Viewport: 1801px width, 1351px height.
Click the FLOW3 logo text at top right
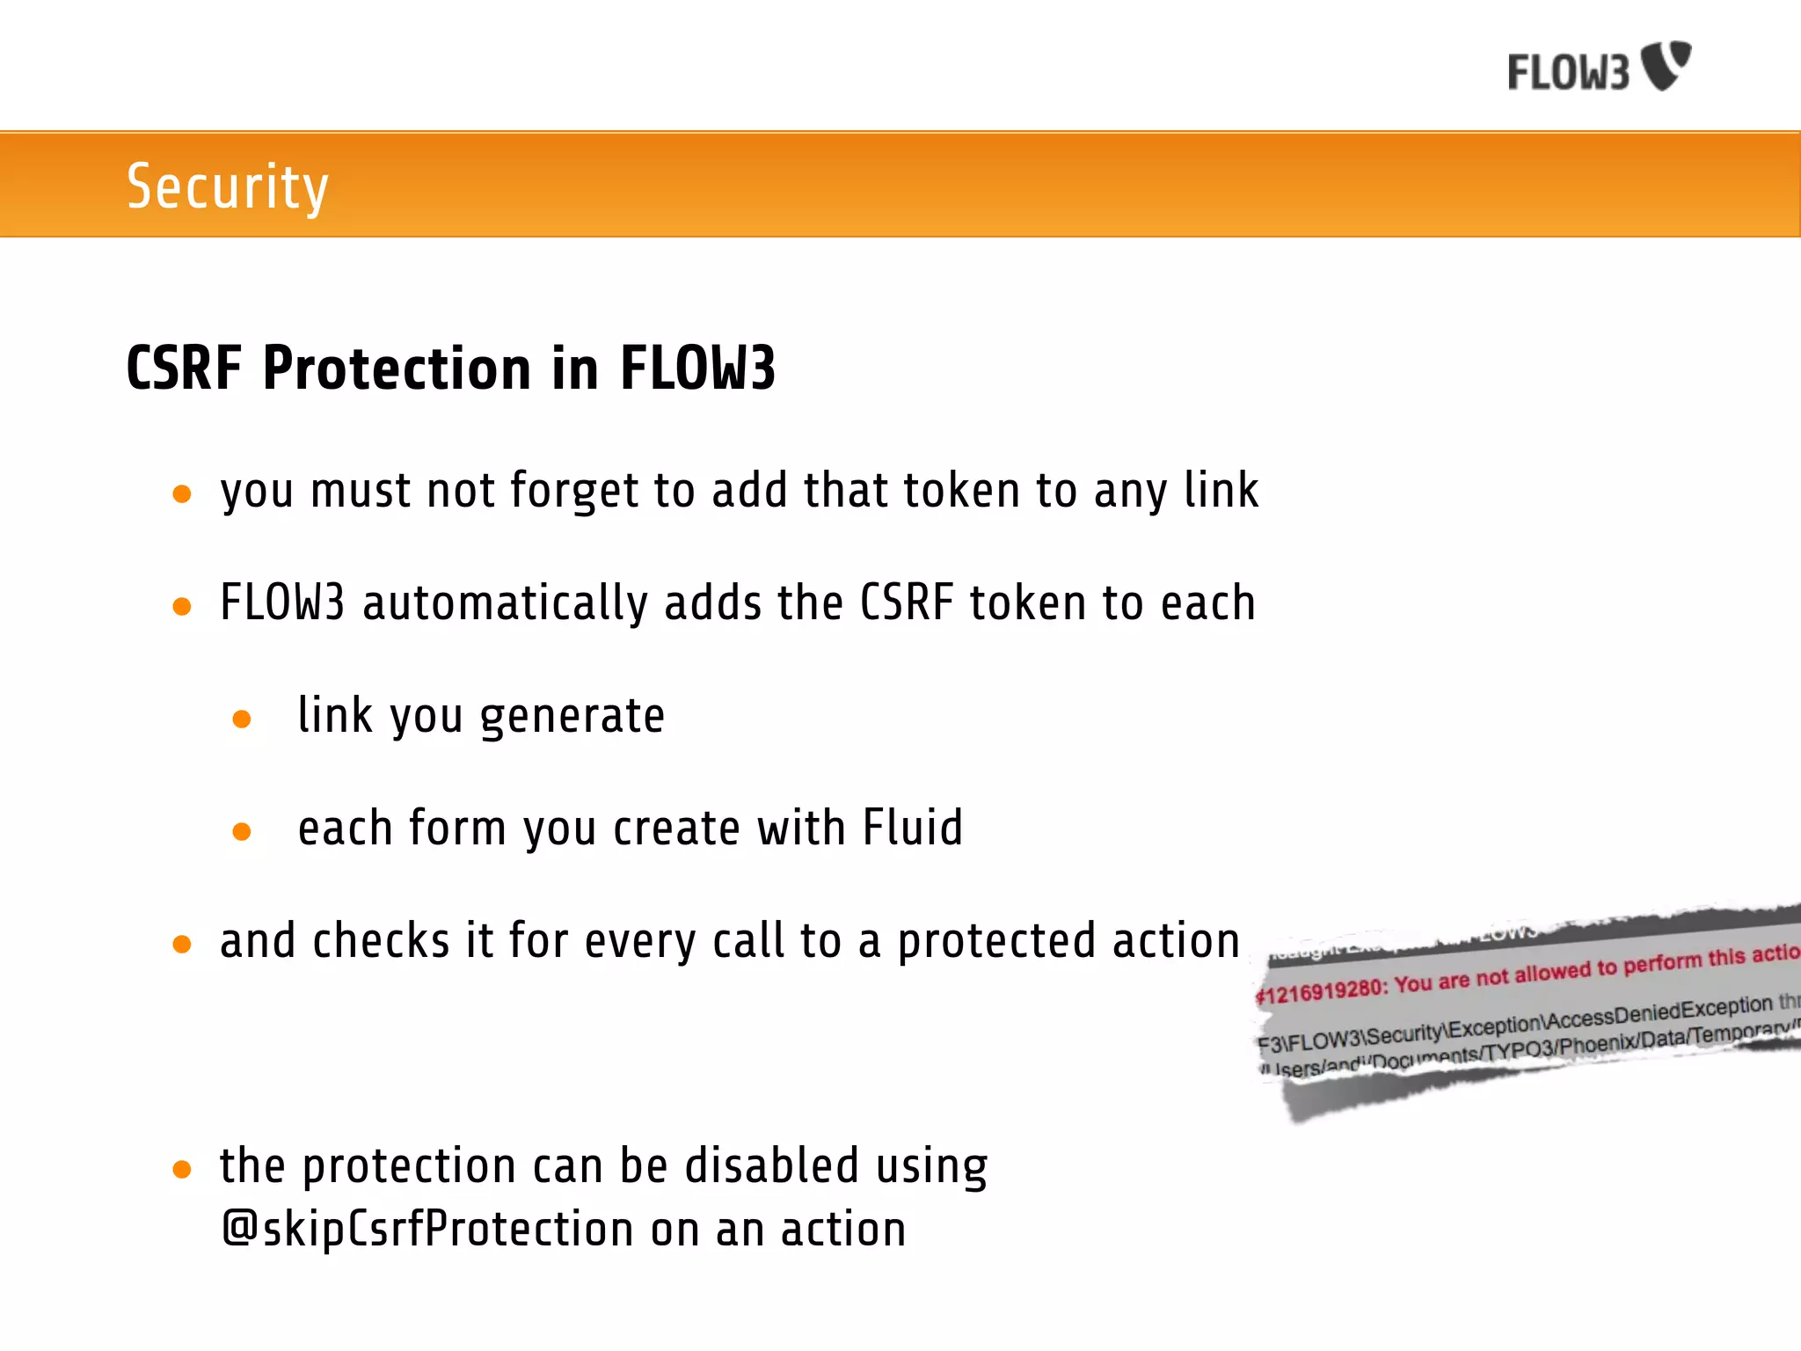tap(1569, 72)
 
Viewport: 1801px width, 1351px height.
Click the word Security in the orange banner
tap(227, 186)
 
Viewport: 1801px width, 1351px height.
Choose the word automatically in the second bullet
tap(504, 603)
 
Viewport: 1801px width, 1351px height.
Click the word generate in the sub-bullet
tap(572, 717)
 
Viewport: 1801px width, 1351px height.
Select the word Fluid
tap(912, 828)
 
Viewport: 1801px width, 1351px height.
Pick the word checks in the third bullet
tap(381, 940)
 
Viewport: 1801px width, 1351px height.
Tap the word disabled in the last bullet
tap(771, 1165)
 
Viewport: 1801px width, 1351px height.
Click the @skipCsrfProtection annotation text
tap(427, 1229)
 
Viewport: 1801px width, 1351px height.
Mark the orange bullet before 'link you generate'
tap(242, 719)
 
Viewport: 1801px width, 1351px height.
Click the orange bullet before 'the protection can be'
tap(182, 1170)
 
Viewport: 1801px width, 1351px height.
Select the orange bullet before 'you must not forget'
tap(182, 494)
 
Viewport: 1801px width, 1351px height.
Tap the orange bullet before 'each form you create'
tap(242, 831)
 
